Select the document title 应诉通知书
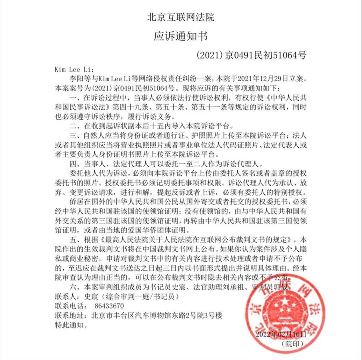coord(181,36)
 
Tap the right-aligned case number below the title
coord(253,55)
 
